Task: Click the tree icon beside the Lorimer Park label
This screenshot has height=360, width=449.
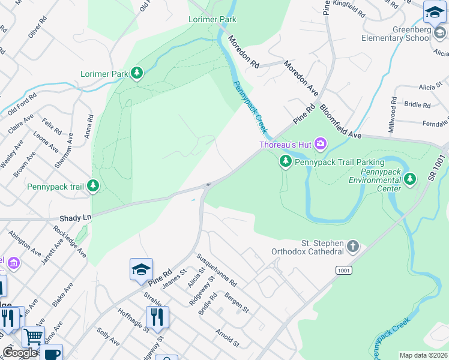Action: click(x=137, y=73)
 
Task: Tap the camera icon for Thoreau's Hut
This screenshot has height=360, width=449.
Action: click(x=321, y=143)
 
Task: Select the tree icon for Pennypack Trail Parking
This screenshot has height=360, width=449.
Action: click(x=286, y=161)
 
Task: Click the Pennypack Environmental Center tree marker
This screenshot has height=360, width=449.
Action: click(x=410, y=178)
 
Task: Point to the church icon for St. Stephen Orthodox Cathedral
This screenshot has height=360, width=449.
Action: click(x=353, y=245)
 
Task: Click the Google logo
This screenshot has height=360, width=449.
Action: click(x=20, y=353)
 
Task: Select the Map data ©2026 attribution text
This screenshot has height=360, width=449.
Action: click(x=423, y=355)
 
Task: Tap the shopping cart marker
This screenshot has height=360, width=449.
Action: click(x=33, y=336)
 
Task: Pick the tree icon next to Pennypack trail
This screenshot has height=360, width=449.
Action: click(x=92, y=186)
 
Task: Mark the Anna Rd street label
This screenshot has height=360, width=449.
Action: click(x=89, y=127)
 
